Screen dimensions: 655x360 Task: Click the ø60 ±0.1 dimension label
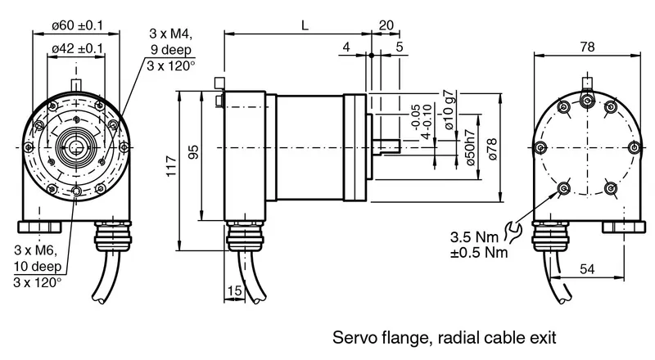pyautogui.click(x=77, y=25)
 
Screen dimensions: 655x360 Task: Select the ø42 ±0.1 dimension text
pyautogui.click(x=77, y=48)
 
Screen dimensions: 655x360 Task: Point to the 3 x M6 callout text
pyautogui.click(x=35, y=250)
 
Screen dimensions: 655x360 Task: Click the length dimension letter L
pyautogui.click(x=305, y=26)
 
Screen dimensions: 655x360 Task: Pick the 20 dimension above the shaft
pyautogui.click(x=386, y=25)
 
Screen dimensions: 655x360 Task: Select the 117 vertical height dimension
pyautogui.click(x=172, y=166)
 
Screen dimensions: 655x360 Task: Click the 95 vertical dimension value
pyautogui.click(x=193, y=152)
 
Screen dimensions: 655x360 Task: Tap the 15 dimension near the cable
pyautogui.click(x=235, y=290)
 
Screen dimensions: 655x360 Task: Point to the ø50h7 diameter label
pyautogui.click(x=470, y=146)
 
